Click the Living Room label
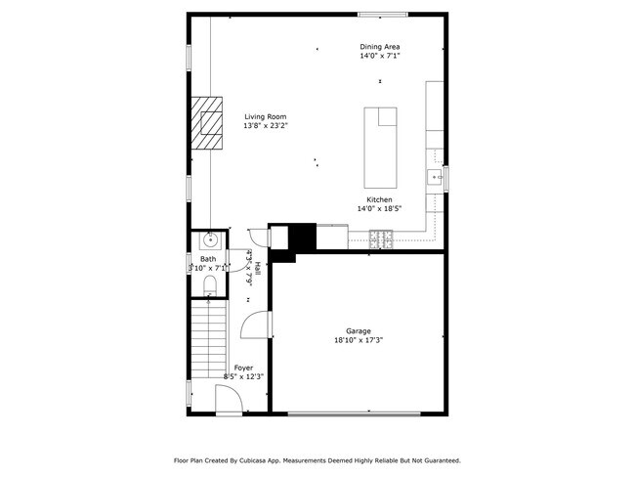coord(266,116)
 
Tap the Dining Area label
coord(380,47)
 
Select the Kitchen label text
coord(380,199)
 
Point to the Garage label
coord(359,331)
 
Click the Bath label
coord(208,259)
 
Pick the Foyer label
coord(243,368)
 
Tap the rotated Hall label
coord(257,271)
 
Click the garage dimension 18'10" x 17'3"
coord(359,340)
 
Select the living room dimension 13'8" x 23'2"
coord(266,125)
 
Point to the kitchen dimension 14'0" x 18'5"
coord(380,208)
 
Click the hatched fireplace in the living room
coord(207,122)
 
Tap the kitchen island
coord(380,148)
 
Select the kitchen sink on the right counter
coord(433,177)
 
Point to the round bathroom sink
coord(208,240)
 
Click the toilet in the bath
coord(208,284)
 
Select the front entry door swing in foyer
coord(228,399)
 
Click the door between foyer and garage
coord(253,326)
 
